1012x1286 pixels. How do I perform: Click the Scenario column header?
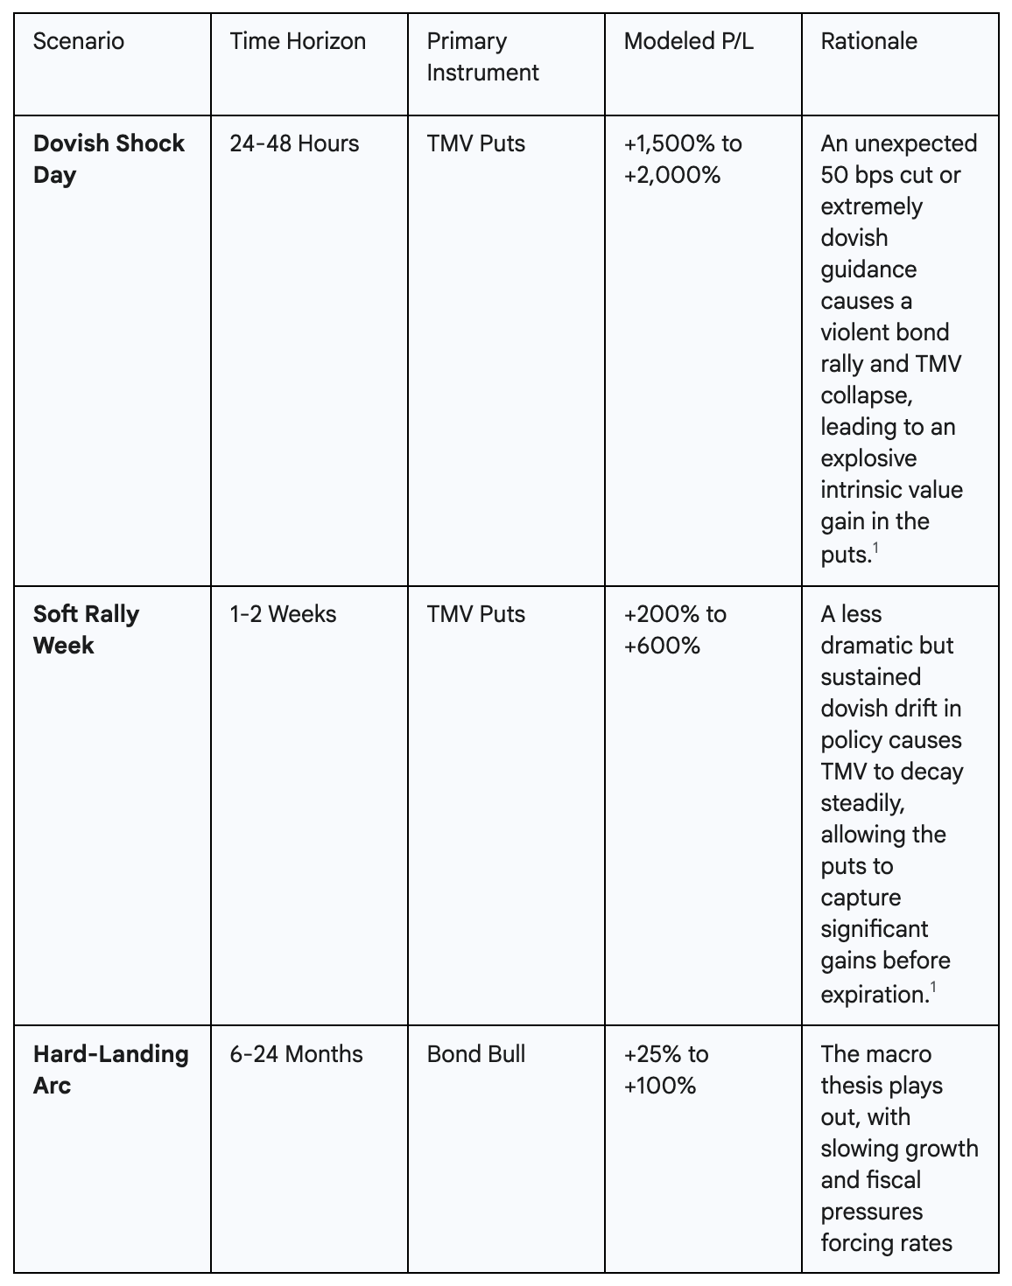pos(79,41)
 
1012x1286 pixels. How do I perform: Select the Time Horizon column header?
pos(298,41)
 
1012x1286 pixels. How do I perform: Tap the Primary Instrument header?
pos(482,57)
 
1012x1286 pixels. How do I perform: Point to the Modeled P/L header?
pos(688,41)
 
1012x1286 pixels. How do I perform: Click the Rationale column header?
pos(868,41)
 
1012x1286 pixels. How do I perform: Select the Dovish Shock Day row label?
pos(109,159)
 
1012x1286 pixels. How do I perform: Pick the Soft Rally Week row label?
pos(86,630)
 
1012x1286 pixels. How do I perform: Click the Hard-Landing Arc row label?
pos(110,1069)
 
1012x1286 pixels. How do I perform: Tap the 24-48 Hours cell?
pos(294,143)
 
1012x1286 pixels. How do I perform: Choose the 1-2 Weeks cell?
pos(283,614)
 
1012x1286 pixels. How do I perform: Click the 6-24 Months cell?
pos(296,1053)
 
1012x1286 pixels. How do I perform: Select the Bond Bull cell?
pos(476,1053)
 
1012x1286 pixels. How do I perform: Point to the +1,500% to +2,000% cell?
pos(682,159)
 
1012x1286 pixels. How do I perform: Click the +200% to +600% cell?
pos(674,630)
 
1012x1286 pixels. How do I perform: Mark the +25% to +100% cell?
pos(665,1069)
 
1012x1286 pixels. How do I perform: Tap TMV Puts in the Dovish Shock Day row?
pos(476,143)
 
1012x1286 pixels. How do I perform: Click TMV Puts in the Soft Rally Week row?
pos(476,614)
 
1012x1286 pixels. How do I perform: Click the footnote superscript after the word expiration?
pos(933,988)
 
